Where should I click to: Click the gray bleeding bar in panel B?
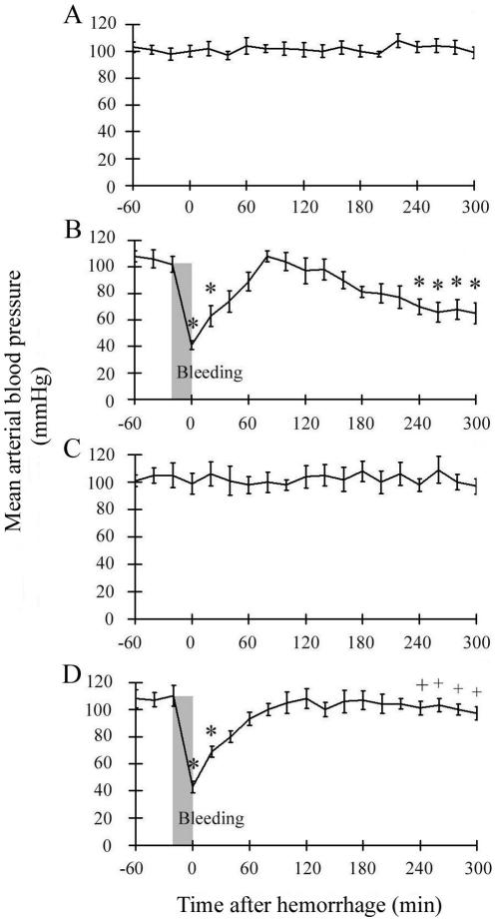[x=182, y=320]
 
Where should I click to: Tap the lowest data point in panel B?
[x=191, y=347]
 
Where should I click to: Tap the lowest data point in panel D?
[x=192, y=788]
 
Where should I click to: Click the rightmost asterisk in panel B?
[x=475, y=284]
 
